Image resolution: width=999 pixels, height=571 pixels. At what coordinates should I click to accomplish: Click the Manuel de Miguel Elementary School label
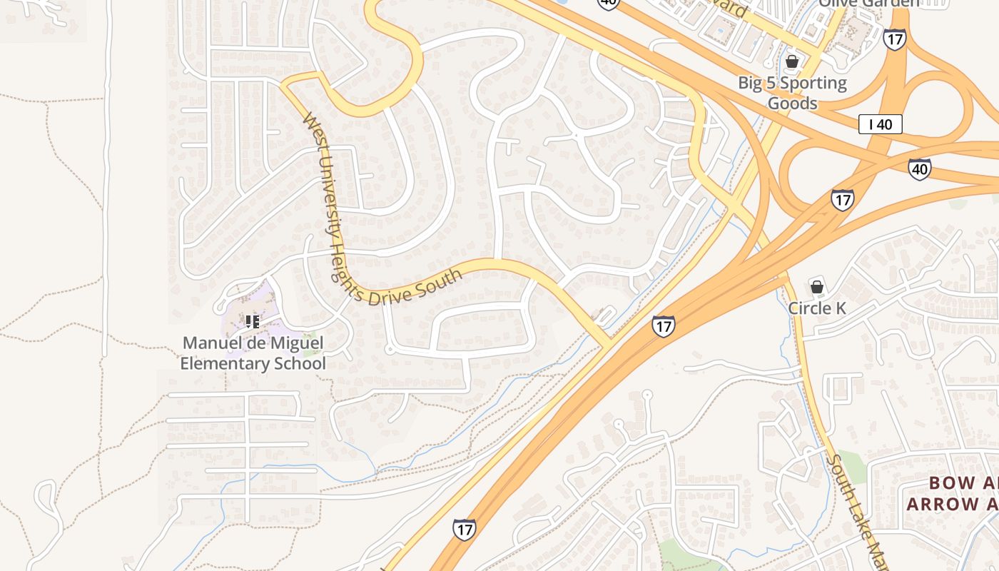coord(253,353)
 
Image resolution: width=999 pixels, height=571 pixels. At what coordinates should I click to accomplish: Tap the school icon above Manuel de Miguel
coord(252,322)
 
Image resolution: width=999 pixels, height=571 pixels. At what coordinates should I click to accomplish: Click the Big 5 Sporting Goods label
coord(792,93)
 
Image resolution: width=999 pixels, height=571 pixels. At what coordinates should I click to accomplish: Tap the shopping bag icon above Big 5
coord(791,61)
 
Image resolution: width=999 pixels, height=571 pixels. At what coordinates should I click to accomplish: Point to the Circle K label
coord(817,308)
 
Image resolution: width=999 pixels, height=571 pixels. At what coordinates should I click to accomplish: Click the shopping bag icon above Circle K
coord(817,288)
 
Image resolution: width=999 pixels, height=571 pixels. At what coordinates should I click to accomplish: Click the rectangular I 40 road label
coord(881,124)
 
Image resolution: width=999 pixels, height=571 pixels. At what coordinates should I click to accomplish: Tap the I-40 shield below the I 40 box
coord(919,169)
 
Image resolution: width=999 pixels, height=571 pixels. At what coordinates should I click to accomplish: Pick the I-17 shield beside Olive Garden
coord(894,39)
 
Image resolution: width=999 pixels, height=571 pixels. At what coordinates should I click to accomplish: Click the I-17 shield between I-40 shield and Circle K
coord(842,199)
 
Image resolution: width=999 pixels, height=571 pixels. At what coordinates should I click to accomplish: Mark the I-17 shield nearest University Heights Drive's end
coord(663,326)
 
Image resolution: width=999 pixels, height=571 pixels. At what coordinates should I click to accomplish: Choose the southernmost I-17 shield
coord(464,529)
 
